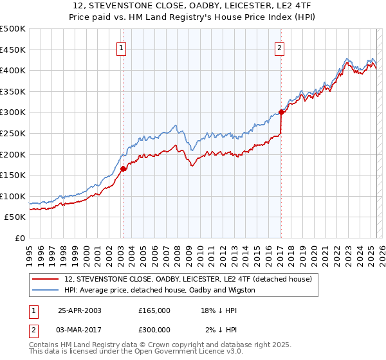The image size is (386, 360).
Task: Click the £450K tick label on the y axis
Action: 13,50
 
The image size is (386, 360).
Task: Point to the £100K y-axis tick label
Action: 13,196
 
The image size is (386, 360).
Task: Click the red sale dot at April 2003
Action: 123,169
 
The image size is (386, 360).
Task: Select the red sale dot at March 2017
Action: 281,113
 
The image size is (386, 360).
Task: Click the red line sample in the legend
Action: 46,279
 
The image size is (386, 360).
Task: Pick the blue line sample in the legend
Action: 46,290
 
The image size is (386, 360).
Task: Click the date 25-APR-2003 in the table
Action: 79,310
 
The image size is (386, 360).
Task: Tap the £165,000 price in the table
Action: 154,310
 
